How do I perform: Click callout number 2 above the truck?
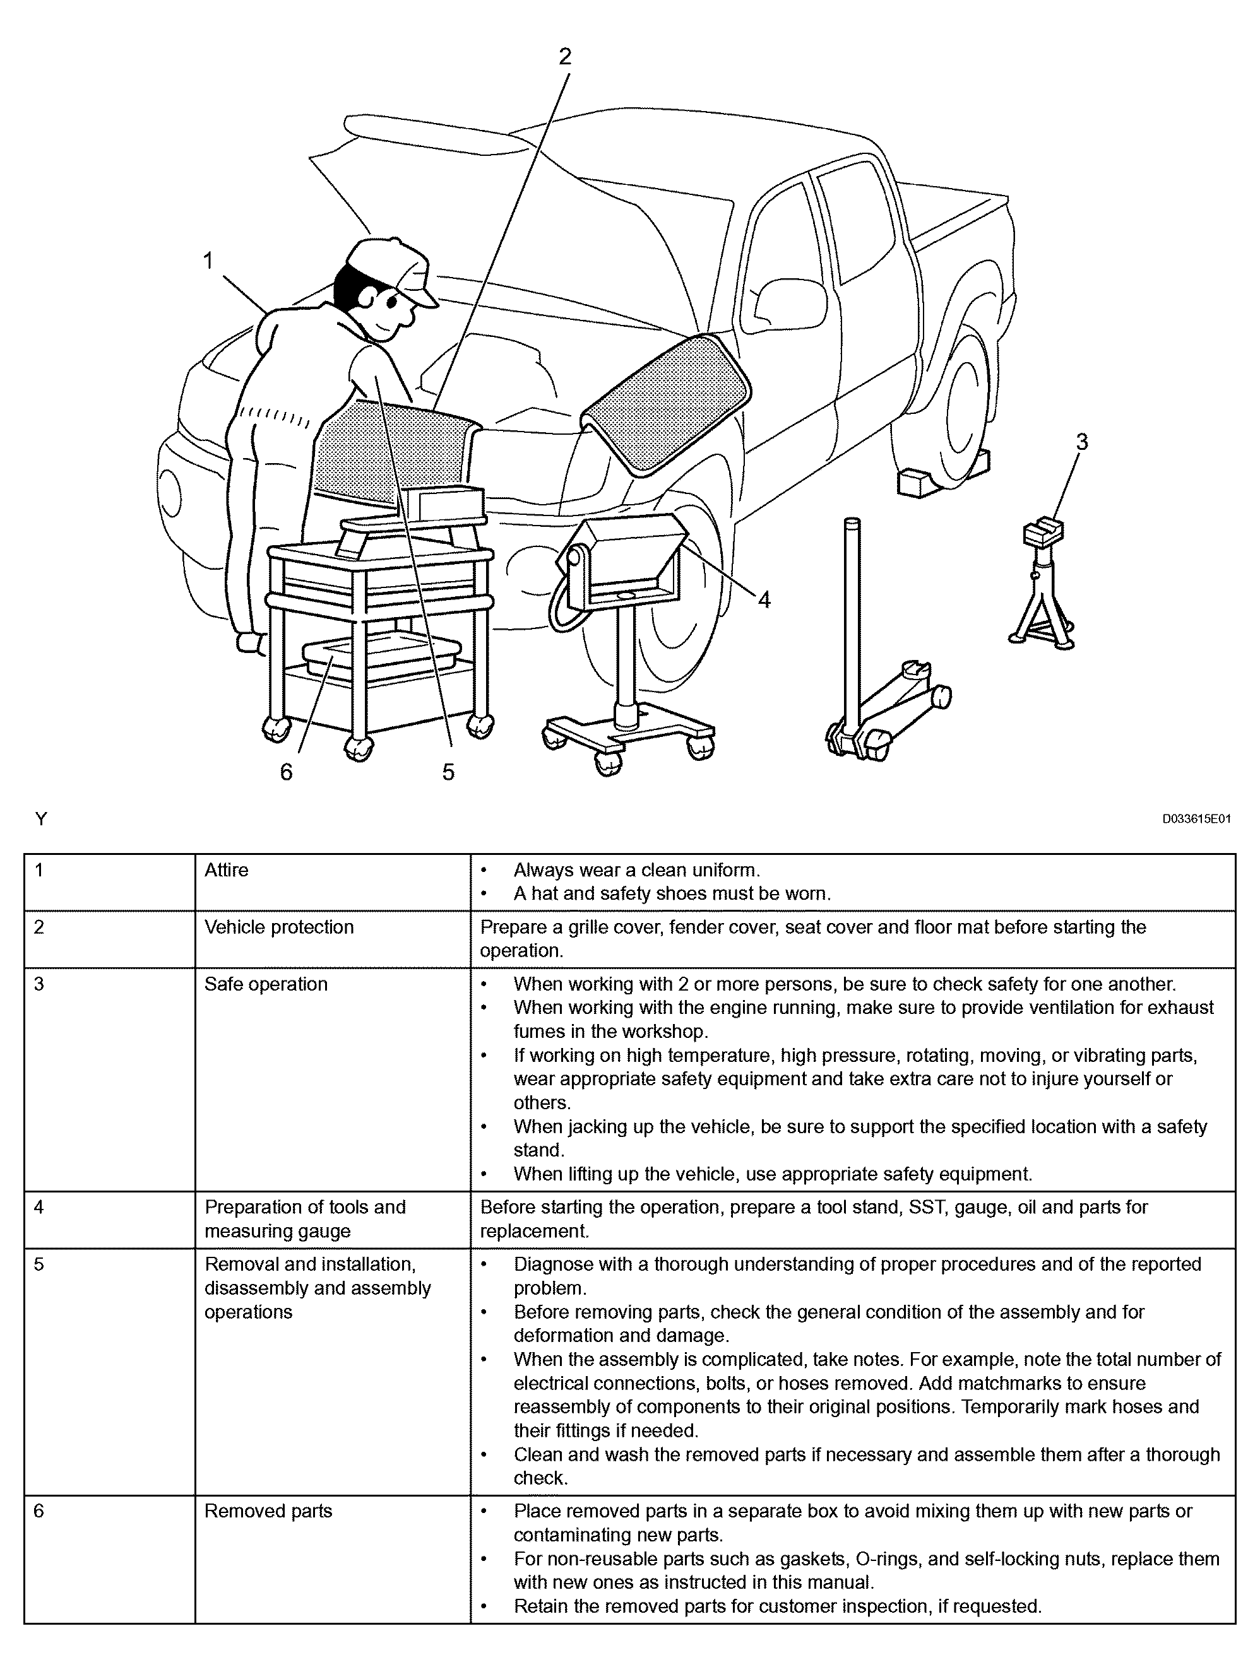[x=564, y=57]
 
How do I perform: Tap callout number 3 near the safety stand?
[x=1081, y=442]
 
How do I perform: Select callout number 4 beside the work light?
[x=764, y=600]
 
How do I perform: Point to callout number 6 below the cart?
[x=286, y=772]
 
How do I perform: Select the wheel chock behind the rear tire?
[x=924, y=481]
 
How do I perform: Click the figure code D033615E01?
[x=1196, y=818]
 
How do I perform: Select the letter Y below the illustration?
[x=41, y=818]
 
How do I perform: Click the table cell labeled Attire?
[x=226, y=870]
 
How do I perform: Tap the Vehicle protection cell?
[x=279, y=927]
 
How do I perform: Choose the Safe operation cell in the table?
[x=266, y=984]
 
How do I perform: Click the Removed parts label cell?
[x=268, y=1511]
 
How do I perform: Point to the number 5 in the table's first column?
[x=39, y=1264]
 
